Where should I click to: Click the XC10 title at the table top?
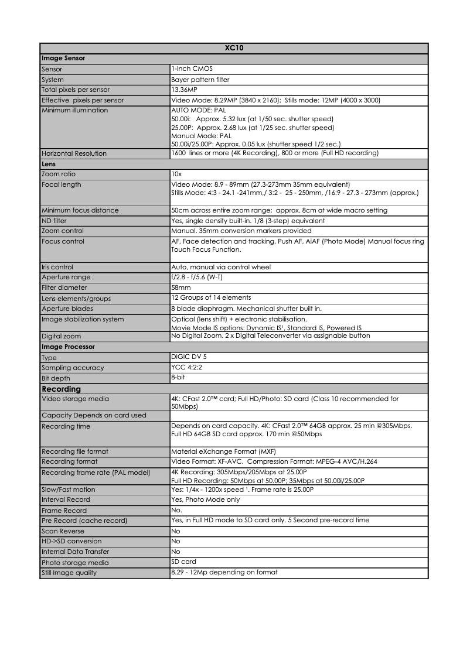pos(233,48)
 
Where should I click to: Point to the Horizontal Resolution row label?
pos(74,153)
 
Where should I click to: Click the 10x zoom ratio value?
pos(176,174)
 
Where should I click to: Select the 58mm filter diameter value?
pos(180,288)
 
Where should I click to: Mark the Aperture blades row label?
pos(67,309)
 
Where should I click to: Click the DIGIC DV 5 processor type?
pos(189,357)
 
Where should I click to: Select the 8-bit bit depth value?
pos(178,378)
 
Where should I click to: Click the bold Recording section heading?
pos(61,389)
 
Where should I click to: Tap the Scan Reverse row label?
pos(63,530)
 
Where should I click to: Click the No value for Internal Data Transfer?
pos(175,552)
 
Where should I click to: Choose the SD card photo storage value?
pos(183,562)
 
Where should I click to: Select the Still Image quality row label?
pos(69,573)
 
